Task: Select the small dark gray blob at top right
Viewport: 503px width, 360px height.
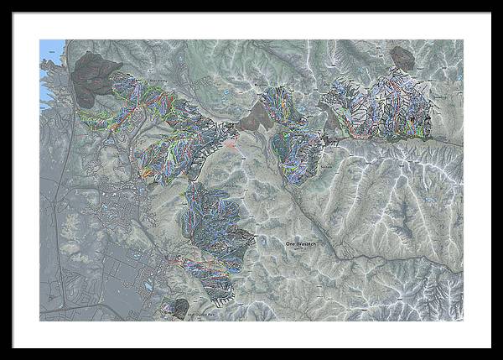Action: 402,58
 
